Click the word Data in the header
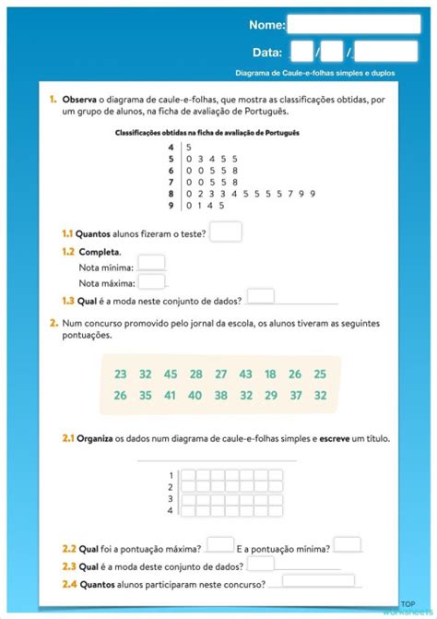(267, 53)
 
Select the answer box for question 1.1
(226, 232)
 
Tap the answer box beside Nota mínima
(151, 263)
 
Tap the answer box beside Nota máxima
(151, 281)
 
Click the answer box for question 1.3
(261, 296)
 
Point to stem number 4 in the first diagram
(171, 147)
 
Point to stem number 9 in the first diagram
(171, 205)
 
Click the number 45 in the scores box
(171, 374)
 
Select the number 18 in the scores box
(270, 374)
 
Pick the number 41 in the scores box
(171, 395)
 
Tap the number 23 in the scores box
(121, 374)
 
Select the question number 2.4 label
(69, 583)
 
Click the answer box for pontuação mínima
(347, 544)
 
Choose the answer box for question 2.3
(261, 563)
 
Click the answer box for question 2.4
(318, 581)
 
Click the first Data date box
(301, 52)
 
